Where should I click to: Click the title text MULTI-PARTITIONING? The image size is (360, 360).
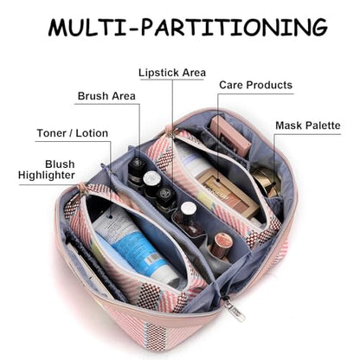coord(188,27)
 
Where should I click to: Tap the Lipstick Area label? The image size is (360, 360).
coord(172,73)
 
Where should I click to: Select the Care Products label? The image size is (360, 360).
coord(255,85)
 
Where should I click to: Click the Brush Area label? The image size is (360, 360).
coord(106,96)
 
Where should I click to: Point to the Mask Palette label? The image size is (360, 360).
coord(308,125)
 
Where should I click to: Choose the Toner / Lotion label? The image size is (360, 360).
coord(73,133)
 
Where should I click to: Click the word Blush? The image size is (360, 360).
coord(60,164)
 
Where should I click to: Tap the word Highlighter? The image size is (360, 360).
coord(47,175)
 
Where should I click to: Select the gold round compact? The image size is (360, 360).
coord(266,180)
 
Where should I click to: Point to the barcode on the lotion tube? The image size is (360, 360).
coord(152,258)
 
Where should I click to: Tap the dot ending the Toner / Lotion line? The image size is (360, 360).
coord(111,216)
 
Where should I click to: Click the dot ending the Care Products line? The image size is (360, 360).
coord(217,182)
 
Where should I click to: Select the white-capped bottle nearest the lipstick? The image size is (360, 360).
coord(188,218)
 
